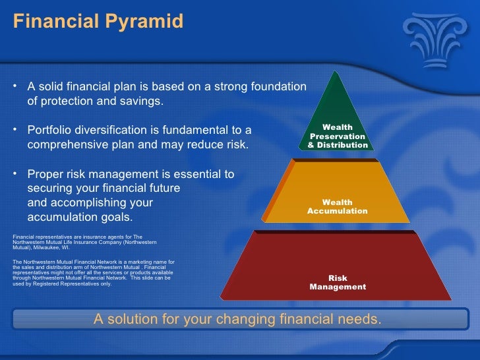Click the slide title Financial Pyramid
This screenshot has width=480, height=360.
pyautogui.click(x=98, y=22)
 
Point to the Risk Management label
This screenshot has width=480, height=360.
pyautogui.click(x=338, y=283)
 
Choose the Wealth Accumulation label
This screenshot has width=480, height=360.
pyautogui.click(x=338, y=206)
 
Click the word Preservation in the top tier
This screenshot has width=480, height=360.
pyautogui.click(x=338, y=136)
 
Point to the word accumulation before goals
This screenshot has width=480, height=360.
pyautogui.click(x=65, y=218)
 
